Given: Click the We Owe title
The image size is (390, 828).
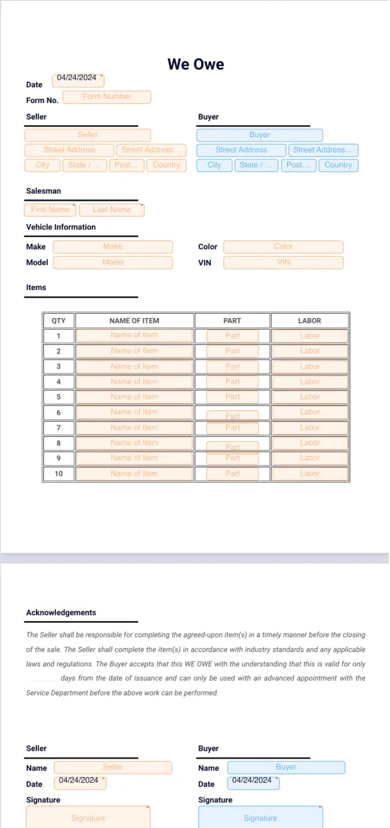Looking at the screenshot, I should coord(196,64).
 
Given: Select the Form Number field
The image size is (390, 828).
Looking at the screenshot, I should coord(107,97).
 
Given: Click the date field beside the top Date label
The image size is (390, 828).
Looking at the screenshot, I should coord(77,79).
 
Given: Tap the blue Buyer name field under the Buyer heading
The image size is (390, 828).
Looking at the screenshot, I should coord(259,135).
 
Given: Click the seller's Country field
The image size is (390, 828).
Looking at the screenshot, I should coord(166,165).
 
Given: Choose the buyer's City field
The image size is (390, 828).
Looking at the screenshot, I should coord(214,165).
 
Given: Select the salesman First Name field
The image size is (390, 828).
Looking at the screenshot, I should coord(50,210).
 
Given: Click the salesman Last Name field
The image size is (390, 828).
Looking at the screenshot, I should coord(111,210).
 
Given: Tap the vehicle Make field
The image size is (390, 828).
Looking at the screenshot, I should coord(113,247).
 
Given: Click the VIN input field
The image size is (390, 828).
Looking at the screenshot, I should coord(283,262).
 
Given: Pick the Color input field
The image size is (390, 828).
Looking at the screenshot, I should coord(283,247).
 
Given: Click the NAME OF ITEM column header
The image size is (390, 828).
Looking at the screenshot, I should coord(134,320).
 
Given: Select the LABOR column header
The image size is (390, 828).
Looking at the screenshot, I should coord(309,320).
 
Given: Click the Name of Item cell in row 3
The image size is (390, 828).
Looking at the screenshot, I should coord(134,366).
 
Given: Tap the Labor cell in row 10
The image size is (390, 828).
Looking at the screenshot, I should coord(309,473).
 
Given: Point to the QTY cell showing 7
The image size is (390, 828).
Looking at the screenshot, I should coord(58,428).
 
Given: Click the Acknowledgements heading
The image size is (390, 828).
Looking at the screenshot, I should coord(61,612).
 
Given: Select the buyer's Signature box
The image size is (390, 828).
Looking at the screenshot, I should coord(260,817).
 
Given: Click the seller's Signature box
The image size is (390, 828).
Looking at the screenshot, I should coord(88,817).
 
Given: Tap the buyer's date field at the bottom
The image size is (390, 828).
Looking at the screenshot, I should coord(253,782).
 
